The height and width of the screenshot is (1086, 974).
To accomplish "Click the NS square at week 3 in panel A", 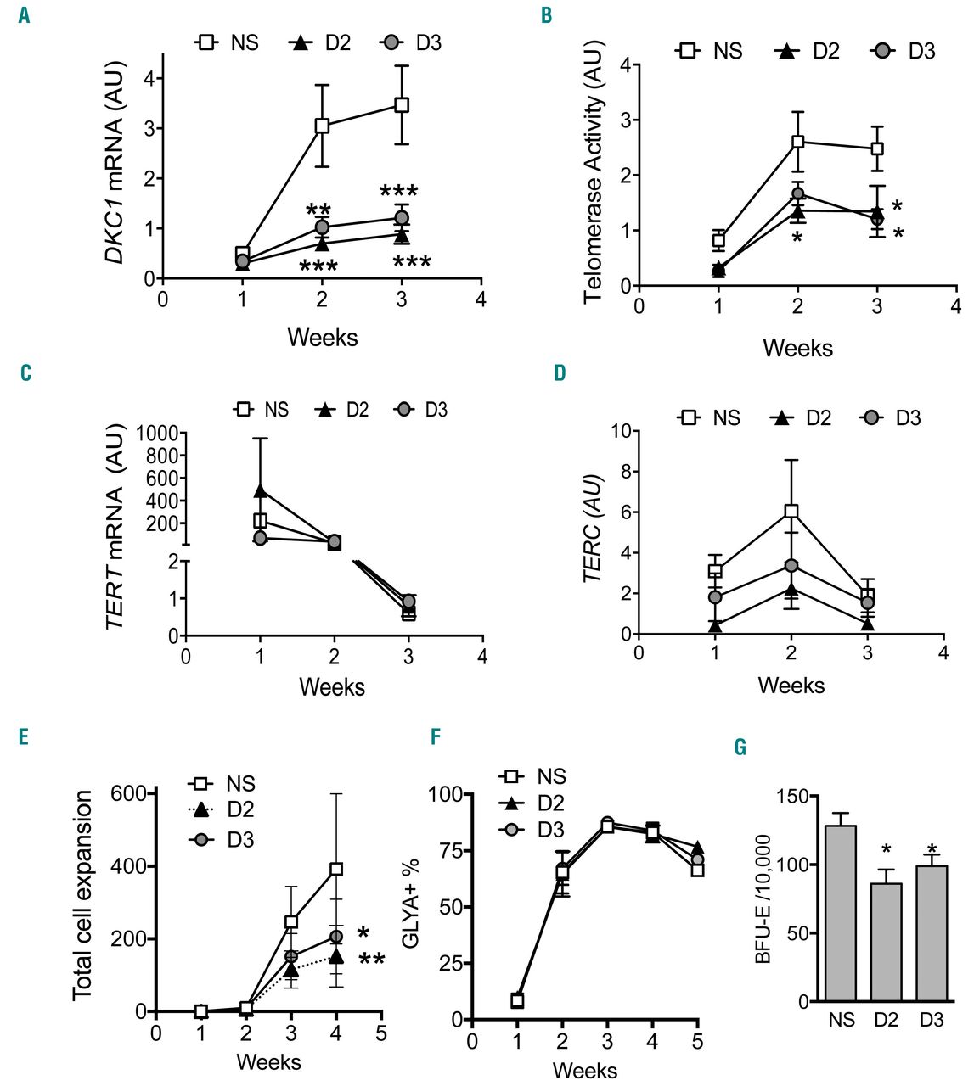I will [x=402, y=105].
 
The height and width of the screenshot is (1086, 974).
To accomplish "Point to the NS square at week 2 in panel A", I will [x=322, y=126].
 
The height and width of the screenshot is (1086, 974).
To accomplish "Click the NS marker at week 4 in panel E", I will [x=336, y=869].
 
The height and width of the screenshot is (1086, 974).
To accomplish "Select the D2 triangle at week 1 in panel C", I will [x=260, y=490].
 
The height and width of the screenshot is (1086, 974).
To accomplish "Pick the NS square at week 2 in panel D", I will [x=791, y=511].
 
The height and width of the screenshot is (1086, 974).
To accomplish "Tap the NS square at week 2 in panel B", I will [x=797, y=142].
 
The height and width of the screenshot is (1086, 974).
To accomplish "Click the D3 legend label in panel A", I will [x=429, y=42].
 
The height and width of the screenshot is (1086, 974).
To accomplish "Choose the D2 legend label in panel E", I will [x=241, y=809].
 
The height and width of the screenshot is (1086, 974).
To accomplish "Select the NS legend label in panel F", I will [x=552, y=776].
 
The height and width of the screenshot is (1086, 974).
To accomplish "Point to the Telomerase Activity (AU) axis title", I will [x=593, y=176].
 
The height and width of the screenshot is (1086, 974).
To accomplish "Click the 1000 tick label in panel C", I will [x=155, y=434].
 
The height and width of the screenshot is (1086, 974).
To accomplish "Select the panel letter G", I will [x=741, y=747].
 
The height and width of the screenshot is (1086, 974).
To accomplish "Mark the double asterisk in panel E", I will [x=372, y=960].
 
